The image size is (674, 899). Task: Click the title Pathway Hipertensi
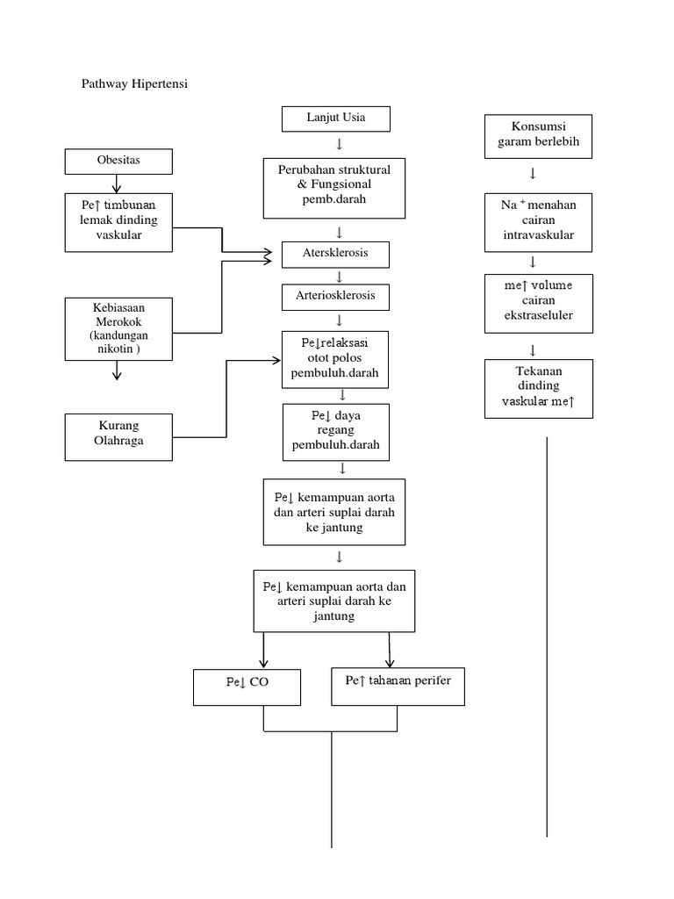pyautogui.click(x=134, y=84)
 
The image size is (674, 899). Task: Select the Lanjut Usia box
pyautogui.click(x=335, y=118)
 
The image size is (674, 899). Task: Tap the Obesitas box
pyautogui.click(x=118, y=162)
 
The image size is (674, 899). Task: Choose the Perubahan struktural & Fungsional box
pyautogui.click(x=333, y=187)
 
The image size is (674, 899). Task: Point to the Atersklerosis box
pyautogui.click(x=335, y=254)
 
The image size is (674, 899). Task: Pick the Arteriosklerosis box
pyautogui.click(x=335, y=296)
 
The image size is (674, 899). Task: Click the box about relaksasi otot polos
pyautogui.click(x=335, y=359)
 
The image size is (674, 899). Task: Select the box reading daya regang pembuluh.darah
pyautogui.click(x=335, y=431)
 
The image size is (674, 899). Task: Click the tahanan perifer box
pyautogui.click(x=398, y=686)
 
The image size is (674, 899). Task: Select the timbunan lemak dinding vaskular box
pyautogui.click(x=118, y=222)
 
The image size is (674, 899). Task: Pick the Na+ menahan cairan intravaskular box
pyautogui.click(x=538, y=222)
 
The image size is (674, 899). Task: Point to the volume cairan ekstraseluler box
pyautogui.click(x=538, y=303)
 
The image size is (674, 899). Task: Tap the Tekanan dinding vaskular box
pyautogui.click(x=538, y=387)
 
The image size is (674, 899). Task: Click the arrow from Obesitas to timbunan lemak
pyautogui.click(x=117, y=183)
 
